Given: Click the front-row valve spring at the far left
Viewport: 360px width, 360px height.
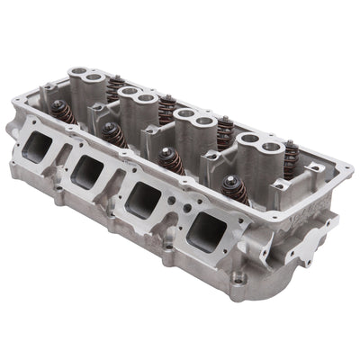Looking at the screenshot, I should pyautogui.click(x=64, y=112).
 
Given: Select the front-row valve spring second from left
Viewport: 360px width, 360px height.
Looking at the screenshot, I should pyautogui.click(x=112, y=135).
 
